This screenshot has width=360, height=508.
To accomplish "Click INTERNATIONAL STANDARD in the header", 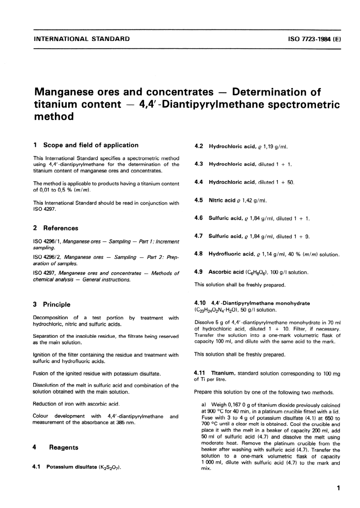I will click(x=82, y=39).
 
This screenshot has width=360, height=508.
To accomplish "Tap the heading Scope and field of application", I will click(x=91, y=145).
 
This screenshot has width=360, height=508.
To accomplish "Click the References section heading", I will click(x=61, y=228).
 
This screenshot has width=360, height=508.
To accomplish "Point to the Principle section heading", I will click(x=56, y=304).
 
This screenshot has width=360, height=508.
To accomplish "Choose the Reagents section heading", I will click(x=64, y=447).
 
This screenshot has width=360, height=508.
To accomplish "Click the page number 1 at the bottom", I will click(x=338, y=488).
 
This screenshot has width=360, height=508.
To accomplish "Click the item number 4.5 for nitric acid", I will click(x=199, y=200).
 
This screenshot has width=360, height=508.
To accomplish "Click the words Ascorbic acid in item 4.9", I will click(x=226, y=272).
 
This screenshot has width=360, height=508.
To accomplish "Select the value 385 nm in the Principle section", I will click(x=128, y=423).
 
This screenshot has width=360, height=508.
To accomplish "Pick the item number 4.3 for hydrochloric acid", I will click(x=199, y=164).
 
